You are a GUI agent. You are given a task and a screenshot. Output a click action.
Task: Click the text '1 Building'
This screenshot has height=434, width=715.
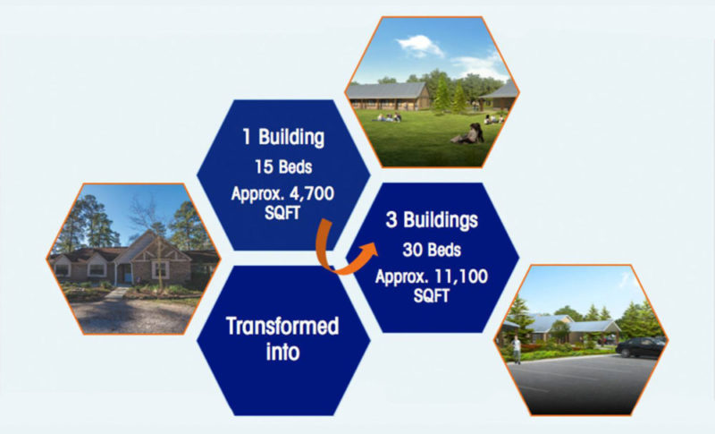point(283,137)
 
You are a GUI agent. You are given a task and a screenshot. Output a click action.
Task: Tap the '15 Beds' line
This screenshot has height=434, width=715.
point(283,167)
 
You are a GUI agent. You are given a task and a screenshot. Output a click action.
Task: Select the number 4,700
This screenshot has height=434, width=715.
point(312,194)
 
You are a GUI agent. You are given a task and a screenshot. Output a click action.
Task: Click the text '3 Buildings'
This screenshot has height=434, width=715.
point(432,220)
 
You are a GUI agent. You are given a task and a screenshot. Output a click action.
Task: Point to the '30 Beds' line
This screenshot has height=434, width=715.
point(432,250)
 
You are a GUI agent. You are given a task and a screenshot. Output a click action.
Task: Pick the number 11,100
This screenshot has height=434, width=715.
point(461,277)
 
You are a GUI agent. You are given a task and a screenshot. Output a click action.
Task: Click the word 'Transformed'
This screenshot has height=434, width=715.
point(282,327)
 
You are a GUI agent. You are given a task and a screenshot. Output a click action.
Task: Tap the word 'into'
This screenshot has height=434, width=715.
point(282,352)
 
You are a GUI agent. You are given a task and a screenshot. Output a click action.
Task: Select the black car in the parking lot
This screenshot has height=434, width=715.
point(640,347)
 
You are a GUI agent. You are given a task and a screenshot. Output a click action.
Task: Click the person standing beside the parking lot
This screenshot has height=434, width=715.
point(517,350)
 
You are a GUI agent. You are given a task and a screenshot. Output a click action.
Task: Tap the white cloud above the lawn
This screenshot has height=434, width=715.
point(420,46)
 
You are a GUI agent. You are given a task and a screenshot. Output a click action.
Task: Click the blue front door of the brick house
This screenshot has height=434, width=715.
point(127,273)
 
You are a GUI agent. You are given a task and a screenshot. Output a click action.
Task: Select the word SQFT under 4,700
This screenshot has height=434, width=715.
point(282,213)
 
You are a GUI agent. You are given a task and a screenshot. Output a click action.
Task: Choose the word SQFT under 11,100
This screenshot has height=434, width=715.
point(432,295)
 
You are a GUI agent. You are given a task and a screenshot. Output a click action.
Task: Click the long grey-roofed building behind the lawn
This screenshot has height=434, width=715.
point(388,96)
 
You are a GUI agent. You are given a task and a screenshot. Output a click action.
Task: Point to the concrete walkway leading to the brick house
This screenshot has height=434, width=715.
point(116,293)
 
